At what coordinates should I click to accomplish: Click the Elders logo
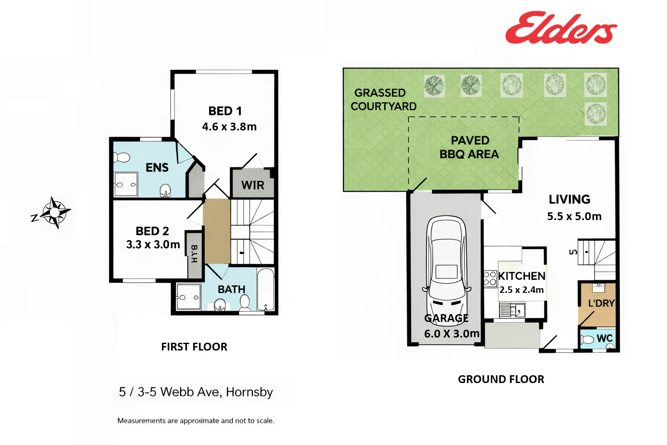561,29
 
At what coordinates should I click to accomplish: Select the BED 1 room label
225,111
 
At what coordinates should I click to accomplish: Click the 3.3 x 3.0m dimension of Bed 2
153,245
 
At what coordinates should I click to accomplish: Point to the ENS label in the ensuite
157,168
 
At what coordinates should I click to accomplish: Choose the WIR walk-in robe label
252,185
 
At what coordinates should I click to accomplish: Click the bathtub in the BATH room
265,289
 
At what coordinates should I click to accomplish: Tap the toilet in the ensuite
122,157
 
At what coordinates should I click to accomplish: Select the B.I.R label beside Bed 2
194,254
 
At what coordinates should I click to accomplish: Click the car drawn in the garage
446,264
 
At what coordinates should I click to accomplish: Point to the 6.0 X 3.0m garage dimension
451,334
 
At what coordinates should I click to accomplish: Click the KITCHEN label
522,276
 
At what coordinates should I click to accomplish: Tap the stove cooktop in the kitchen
490,278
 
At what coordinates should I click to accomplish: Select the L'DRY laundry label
601,303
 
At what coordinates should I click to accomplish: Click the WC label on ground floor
604,338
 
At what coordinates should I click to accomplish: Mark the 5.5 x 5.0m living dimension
574,216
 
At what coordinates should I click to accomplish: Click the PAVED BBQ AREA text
470,147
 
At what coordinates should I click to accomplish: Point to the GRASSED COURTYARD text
383,100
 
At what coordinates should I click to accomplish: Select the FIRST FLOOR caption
194,347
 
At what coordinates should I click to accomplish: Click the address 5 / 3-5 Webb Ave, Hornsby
196,392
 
